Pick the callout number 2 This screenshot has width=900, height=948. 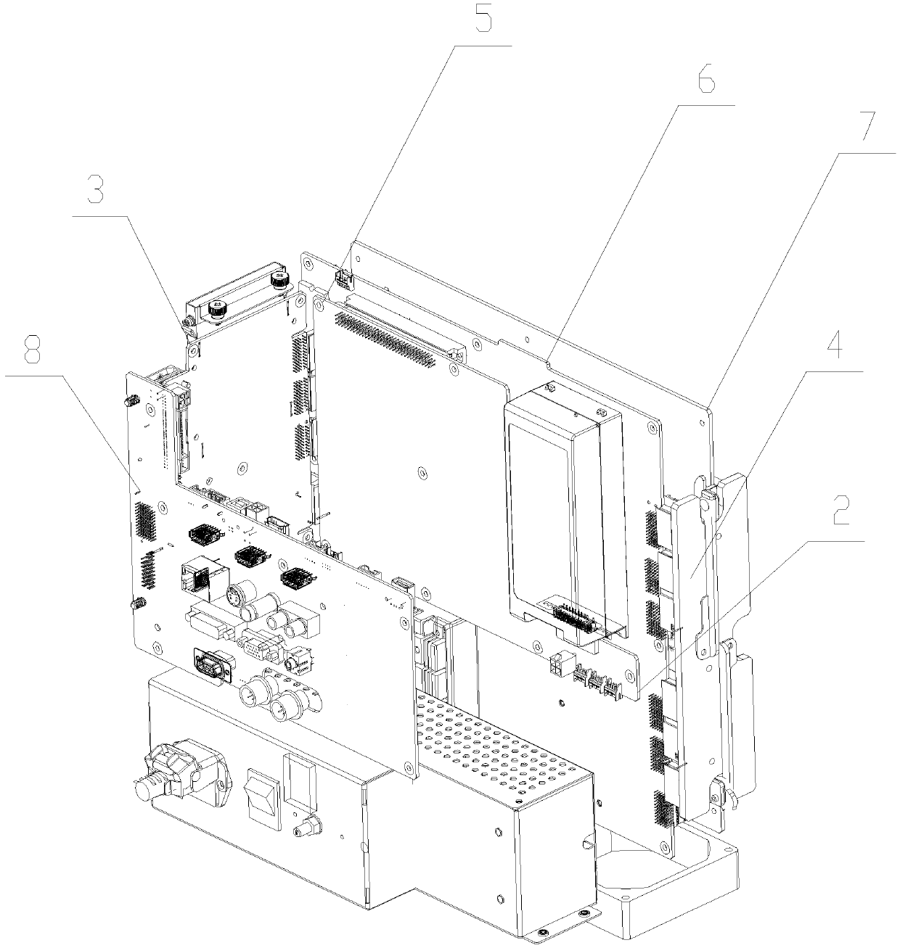coord(840,514)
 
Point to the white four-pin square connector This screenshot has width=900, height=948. coord(560,665)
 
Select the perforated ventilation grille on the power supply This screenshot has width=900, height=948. coord(494,747)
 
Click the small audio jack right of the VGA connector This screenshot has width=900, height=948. coord(295,661)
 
